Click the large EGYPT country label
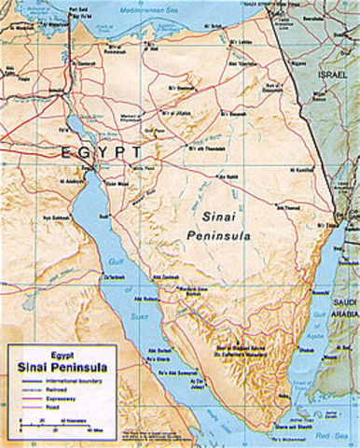[x=103, y=152]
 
